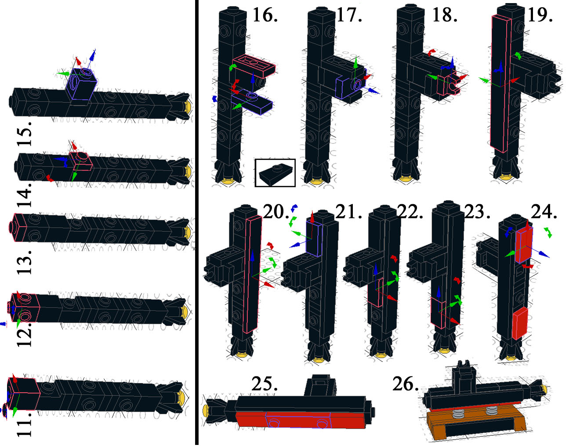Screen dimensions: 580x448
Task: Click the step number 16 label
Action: tap(265, 15)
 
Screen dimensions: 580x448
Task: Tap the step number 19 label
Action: tap(540, 15)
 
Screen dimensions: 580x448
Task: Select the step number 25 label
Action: tap(265, 384)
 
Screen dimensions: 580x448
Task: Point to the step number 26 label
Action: tap(406, 384)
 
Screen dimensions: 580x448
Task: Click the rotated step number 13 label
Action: tap(25, 262)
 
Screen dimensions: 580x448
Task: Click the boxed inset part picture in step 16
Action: tap(275, 173)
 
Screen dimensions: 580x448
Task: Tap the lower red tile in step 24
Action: tap(520, 323)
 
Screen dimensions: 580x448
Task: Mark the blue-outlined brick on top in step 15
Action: tap(81, 84)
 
